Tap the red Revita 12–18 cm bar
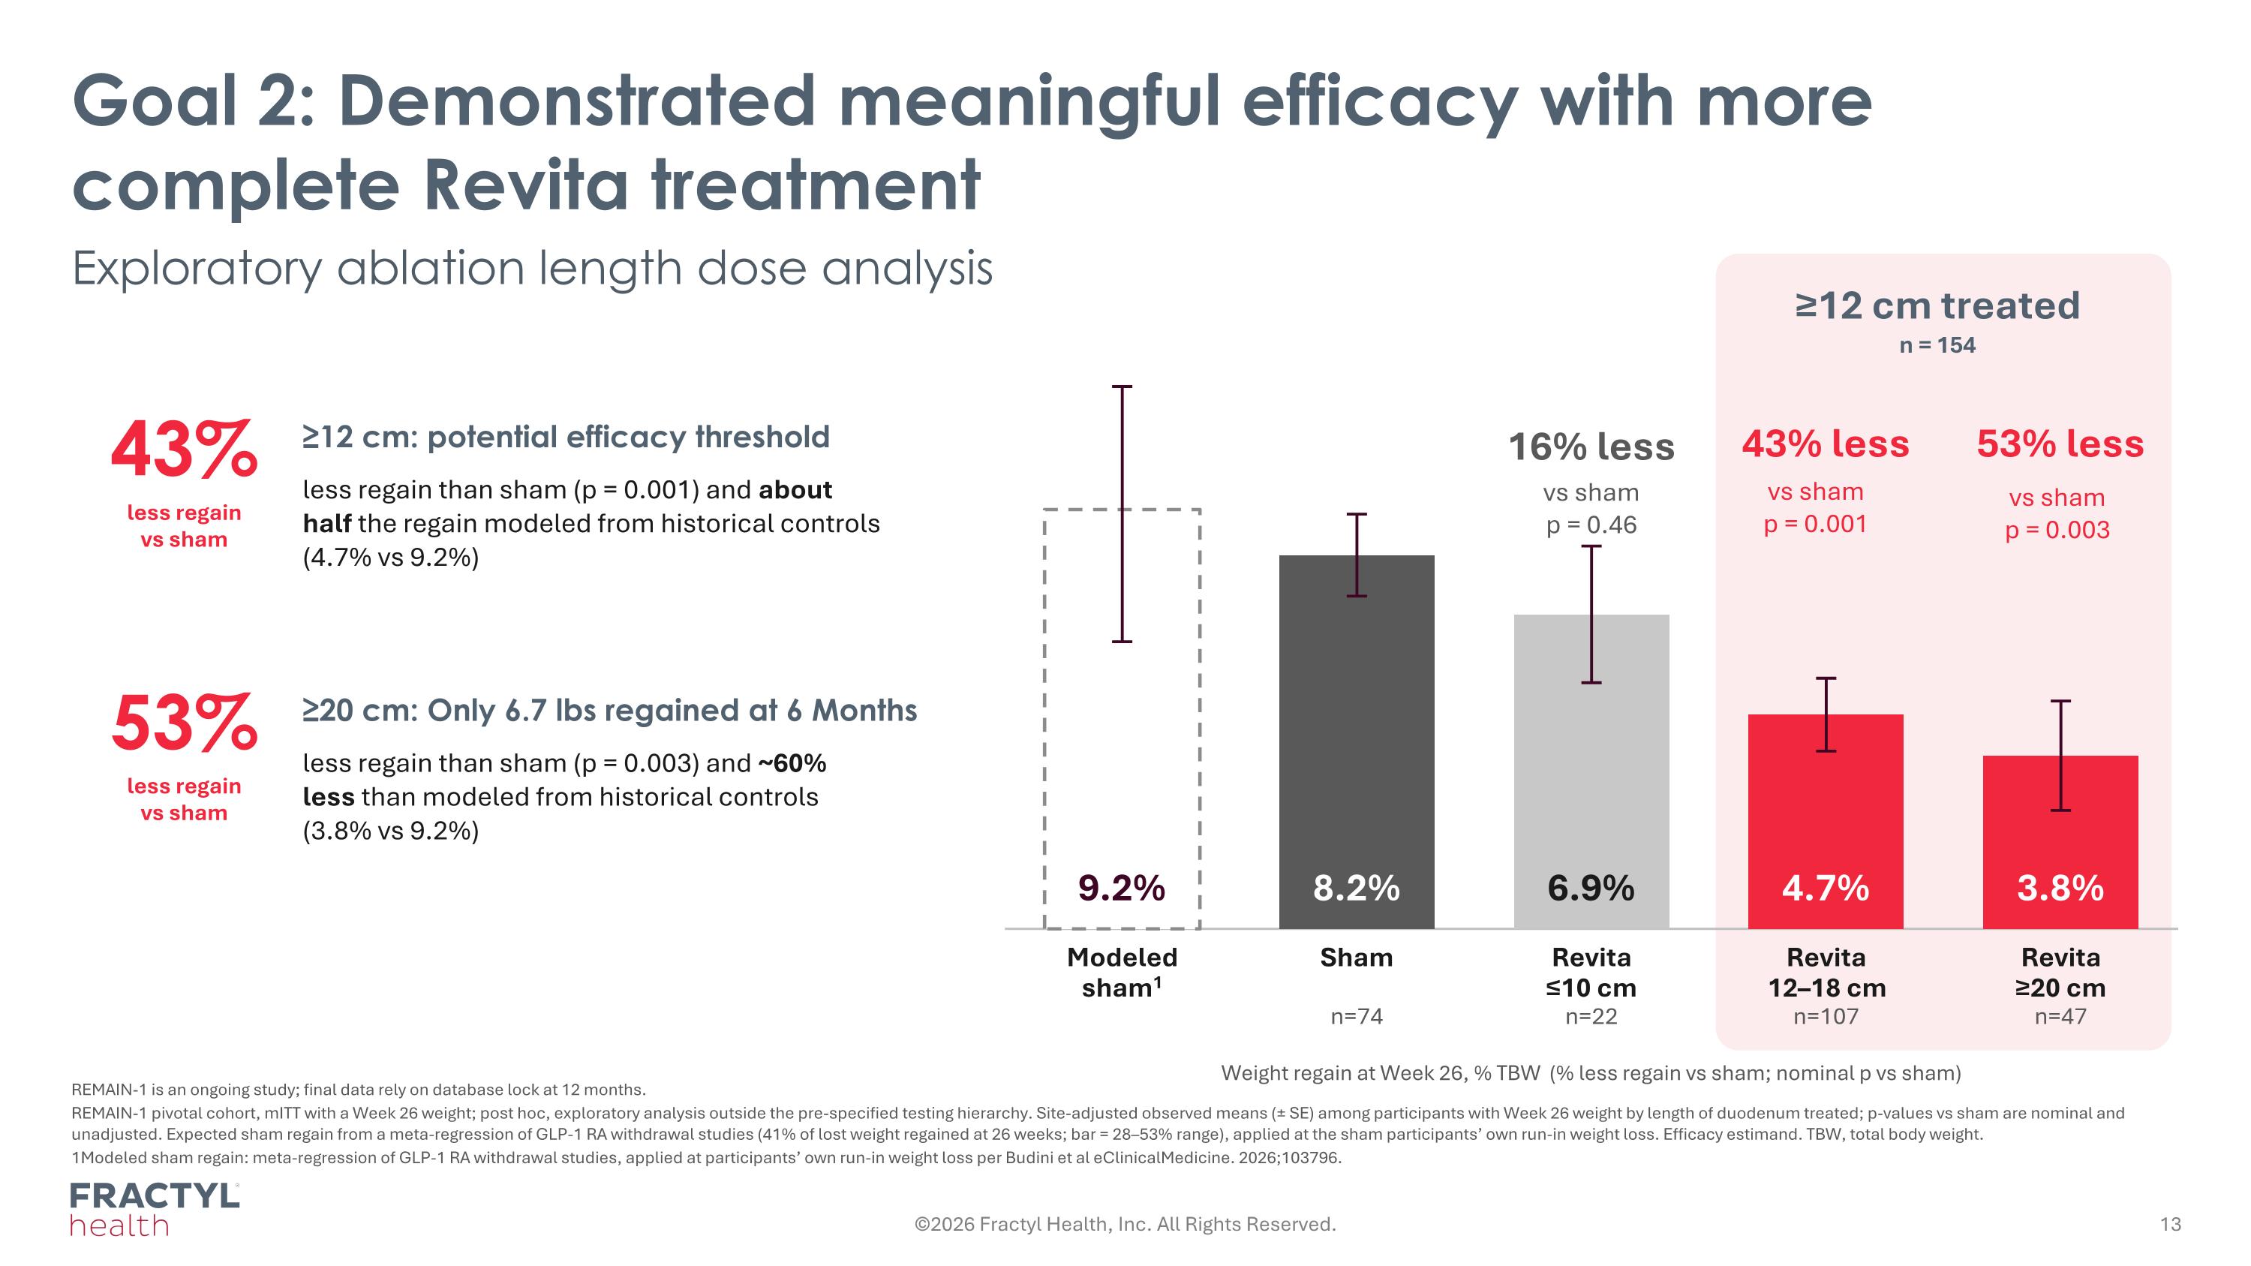1826,820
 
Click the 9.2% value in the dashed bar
1122,888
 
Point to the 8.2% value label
1356,888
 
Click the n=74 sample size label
1356,1016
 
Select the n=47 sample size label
2060,1016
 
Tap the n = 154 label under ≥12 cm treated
1937,345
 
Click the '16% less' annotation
1591,447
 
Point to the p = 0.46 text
1591,525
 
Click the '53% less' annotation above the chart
2060,444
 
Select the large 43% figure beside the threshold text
185,450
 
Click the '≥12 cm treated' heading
1937,305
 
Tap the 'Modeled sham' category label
1122,973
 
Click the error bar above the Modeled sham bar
1122,514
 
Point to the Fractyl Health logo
155,1209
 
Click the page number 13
2171,1224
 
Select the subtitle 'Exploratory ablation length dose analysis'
532,268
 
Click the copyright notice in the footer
1125,1224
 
